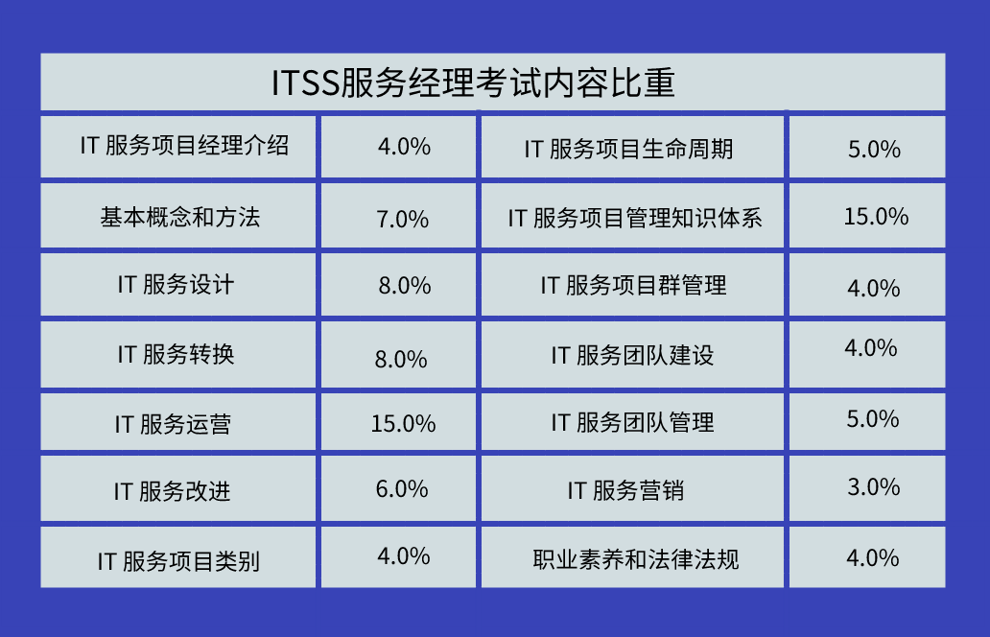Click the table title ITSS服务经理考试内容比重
click(x=473, y=83)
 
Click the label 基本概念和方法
click(x=180, y=217)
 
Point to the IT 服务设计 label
click(x=176, y=285)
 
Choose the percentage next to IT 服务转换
click(x=402, y=359)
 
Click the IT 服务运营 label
click(x=173, y=424)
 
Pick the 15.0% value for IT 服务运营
click(x=404, y=424)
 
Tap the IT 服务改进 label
click(x=173, y=491)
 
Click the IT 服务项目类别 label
click(x=178, y=561)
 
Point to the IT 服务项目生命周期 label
click(x=629, y=150)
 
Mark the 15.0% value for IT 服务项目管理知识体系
click(x=877, y=217)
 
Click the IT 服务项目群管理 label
click(x=633, y=285)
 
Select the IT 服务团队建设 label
click(x=632, y=355)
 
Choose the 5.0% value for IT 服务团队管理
click(x=873, y=419)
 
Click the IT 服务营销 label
click(x=625, y=490)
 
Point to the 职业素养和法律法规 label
click(x=636, y=559)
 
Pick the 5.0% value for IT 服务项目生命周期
click(x=875, y=150)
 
